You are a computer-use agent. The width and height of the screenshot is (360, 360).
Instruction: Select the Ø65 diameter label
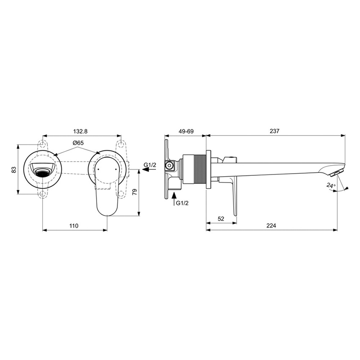[78, 143]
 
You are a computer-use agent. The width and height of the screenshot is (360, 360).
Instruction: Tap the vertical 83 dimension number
[14, 169]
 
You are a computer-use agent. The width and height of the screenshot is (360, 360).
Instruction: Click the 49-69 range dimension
[186, 131]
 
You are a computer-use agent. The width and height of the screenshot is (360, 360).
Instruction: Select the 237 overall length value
[274, 131]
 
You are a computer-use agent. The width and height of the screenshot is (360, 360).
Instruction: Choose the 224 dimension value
[271, 226]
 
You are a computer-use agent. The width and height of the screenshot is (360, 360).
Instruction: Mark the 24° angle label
[331, 185]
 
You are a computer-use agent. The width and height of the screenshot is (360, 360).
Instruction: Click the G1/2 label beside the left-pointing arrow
[150, 164]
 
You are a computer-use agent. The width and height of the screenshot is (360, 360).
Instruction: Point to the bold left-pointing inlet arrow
[145, 170]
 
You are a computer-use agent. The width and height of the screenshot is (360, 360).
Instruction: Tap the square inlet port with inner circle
[169, 166]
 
